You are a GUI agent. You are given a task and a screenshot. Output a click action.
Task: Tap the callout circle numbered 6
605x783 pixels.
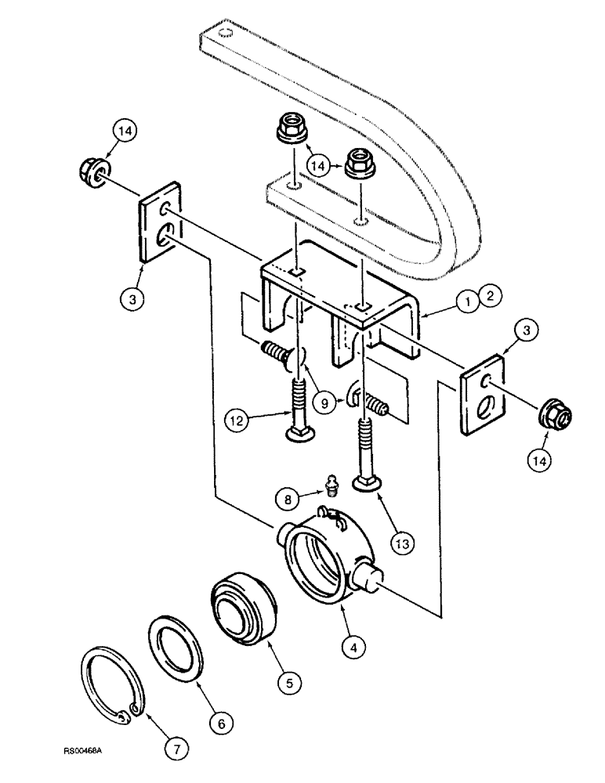point(220,723)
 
